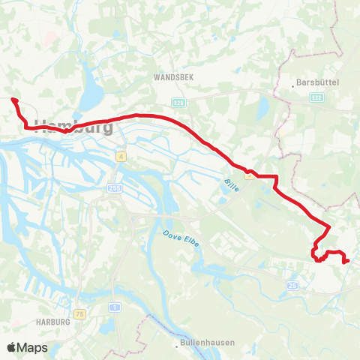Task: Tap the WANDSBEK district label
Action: tap(174, 77)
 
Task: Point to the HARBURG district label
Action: tap(52, 322)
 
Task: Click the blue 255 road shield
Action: tap(114, 188)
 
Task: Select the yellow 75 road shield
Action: tap(79, 314)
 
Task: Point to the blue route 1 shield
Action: tap(114, 307)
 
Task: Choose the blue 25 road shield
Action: tap(292, 286)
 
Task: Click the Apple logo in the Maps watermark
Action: tap(12, 347)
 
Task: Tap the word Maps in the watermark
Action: tap(33, 347)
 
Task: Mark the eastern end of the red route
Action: tap(346, 261)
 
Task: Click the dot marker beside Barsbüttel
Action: tap(292, 85)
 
